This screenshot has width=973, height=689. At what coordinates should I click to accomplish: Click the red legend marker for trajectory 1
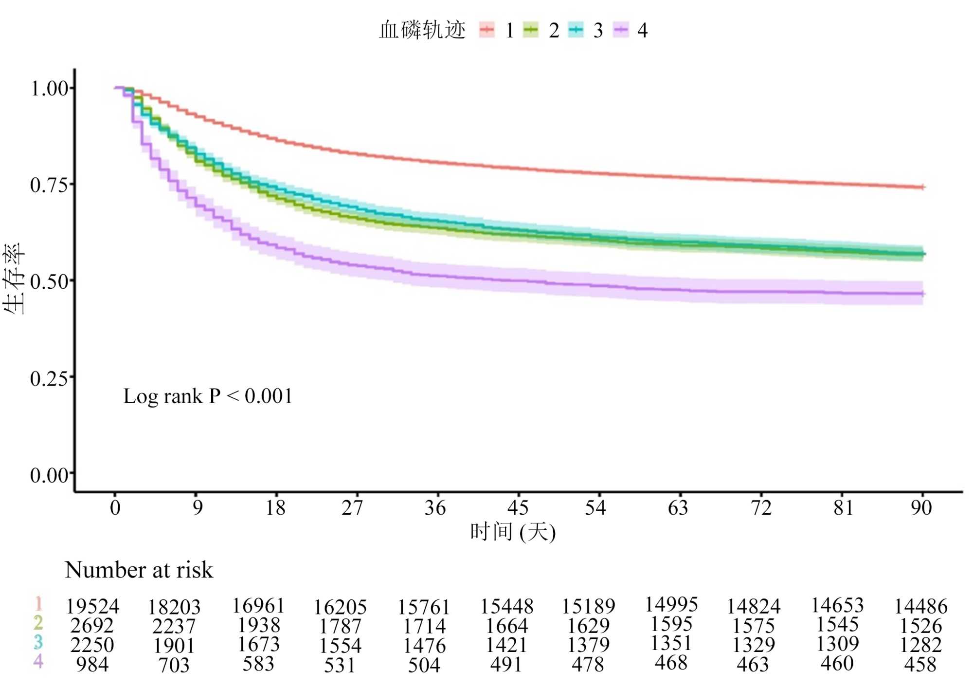pos(486,30)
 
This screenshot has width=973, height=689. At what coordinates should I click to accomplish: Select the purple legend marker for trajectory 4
pos(621,30)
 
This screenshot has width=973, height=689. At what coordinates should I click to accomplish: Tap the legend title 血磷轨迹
pos(422,30)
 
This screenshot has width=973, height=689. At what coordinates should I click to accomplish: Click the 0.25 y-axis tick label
pos(49,378)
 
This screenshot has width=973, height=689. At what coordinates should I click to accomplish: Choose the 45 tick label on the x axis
pos(518,508)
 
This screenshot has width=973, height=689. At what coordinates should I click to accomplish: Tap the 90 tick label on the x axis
pos(921,508)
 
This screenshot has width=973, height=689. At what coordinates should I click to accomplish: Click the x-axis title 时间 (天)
pos(513,532)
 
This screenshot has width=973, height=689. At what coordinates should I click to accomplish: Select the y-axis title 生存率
pos(14,279)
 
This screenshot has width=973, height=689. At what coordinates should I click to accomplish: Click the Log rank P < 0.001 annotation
pos(208,396)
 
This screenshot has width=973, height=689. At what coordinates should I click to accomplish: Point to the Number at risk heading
pos(139,570)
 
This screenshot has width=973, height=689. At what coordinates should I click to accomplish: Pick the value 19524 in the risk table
pos(92,607)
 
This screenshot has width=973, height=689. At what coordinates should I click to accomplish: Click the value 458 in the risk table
pos(920,665)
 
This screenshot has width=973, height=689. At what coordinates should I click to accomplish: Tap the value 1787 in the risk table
pos(340,626)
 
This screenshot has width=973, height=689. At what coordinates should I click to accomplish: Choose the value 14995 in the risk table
pos(671,605)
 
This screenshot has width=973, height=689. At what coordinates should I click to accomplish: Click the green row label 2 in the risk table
pos(38,623)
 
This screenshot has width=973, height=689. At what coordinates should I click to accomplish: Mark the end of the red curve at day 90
pos(922,187)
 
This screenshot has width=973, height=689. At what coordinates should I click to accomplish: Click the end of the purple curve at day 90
pos(922,294)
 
